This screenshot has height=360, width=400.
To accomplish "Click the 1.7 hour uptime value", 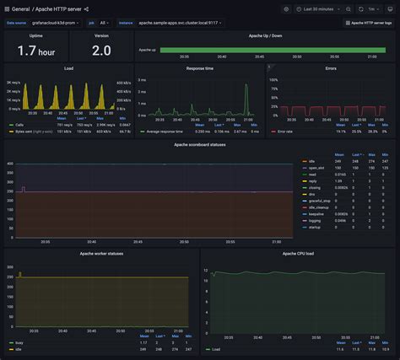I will coord(35,51).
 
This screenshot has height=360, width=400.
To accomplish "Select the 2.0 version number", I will coord(101,51).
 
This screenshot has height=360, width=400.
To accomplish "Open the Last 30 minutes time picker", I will coord(320,8).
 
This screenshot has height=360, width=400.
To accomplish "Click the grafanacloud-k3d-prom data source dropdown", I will coord(57,23).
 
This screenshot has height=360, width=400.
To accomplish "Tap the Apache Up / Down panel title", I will coord(265,36).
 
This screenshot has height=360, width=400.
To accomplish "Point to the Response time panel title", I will coord(199,67).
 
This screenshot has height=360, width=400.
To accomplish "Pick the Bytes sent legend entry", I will coord(34,132).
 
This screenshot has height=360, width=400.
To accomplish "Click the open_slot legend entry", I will coord(316,168).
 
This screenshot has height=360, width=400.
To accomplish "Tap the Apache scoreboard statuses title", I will coord(199,144).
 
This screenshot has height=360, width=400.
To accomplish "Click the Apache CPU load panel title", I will coord(299,253).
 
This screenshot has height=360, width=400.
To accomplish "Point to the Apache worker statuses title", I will coord(100,253).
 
